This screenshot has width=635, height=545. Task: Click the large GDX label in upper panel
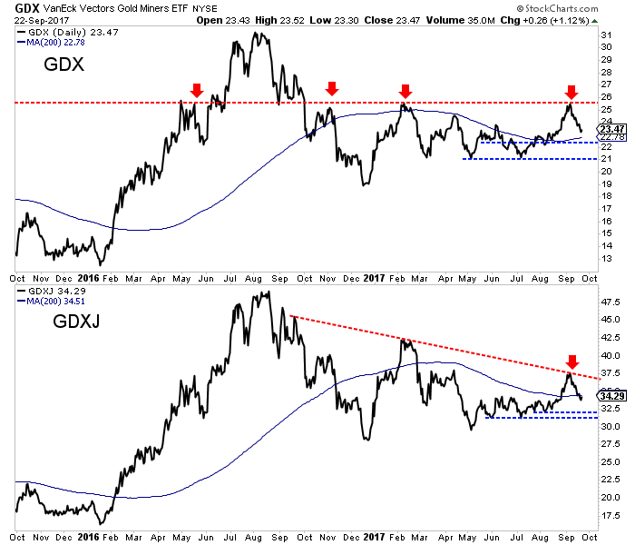coord(65,67)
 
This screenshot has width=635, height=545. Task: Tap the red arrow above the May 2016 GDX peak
coord(195,89)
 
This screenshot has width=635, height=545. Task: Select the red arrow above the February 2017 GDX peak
coord(405,90)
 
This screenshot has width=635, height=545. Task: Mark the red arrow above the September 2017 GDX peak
coord(571,92)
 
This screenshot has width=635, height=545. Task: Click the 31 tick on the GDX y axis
coord(605,35)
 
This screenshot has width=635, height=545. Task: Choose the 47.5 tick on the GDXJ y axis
coord(610,302)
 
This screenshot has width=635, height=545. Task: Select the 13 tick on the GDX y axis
coord(605,258)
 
